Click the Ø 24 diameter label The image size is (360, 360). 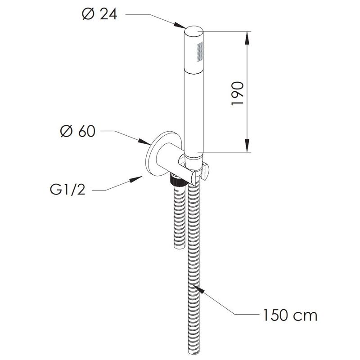99,14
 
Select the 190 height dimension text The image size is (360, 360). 238,93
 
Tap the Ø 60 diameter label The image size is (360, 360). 78,131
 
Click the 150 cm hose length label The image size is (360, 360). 290,315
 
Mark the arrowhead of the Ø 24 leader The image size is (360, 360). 180,25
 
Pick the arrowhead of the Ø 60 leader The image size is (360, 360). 144,142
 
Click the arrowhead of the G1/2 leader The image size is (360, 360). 136,179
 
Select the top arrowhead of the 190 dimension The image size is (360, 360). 247,38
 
